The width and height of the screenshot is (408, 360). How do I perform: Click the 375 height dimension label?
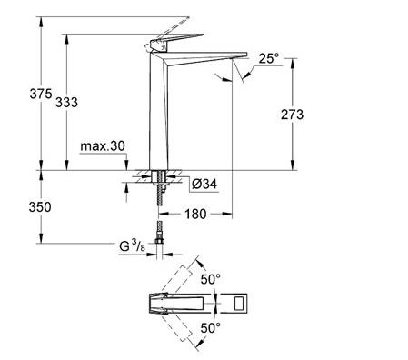[41, 94]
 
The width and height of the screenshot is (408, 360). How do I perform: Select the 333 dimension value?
[66, 102]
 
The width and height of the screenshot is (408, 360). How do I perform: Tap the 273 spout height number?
[292, 115]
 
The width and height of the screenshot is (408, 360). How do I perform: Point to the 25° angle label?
[269, 58]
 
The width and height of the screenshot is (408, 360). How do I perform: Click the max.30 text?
[103, 146]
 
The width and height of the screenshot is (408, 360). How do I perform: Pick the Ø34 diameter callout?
[204, 184]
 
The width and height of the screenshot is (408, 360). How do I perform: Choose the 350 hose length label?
[40, 207]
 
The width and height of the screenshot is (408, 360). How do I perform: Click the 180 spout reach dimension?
[195, 214]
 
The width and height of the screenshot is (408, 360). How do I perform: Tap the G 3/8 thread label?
[133, 245]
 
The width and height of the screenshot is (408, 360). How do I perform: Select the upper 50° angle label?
[211, 279]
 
